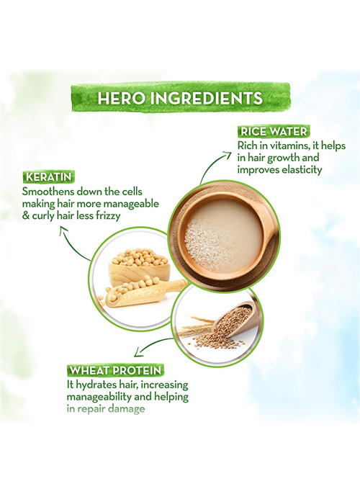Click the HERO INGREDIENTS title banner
(x=180, y=98)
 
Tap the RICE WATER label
(x=274, y=132)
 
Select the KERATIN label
(x=49, y=177)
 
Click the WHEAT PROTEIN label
(x=115, y=370)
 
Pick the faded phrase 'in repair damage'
(x=106, y=409)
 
